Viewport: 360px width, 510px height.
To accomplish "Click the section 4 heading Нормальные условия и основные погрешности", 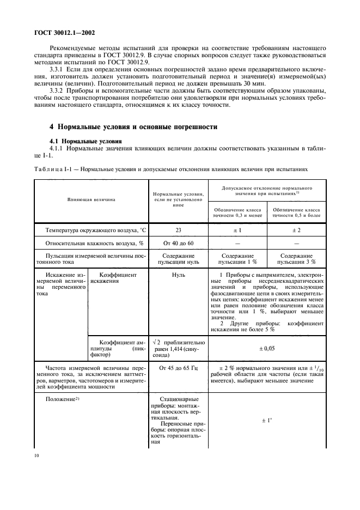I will tap(133, 127).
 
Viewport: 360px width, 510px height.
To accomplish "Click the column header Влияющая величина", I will tap(91, 199).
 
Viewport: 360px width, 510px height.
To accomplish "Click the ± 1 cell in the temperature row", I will tap(238, 230).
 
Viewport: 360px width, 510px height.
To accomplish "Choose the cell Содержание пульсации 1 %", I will tap(238, 259).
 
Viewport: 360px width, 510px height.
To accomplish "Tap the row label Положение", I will tap(62, 400).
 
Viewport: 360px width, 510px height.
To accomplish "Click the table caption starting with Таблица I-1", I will tap(174, 169).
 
